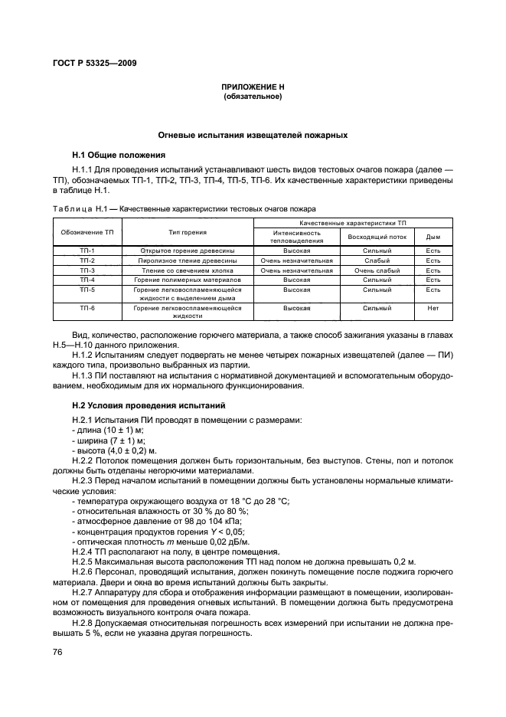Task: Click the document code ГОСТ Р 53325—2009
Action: tap(95, 61)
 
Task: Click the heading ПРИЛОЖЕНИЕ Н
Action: tap(252, 88)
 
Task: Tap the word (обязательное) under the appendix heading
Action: tap(252, 97)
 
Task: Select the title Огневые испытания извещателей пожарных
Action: tap(252, 135)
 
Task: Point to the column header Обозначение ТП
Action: tap(87, 232)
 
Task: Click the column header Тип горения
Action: tap(188, 232)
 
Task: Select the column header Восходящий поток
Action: tap(377, 237)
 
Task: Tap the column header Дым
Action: tap(433, 237)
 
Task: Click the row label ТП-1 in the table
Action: tap(87, 250)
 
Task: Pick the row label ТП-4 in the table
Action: tap(87, 280)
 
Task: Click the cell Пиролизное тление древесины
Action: tap(188, 260)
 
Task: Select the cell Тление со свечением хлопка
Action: tap(188, 270)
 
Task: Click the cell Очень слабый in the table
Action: tap(377, 270)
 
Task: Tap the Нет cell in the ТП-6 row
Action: tap(433, 308)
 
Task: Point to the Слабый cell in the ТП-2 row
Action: tap(377, 260)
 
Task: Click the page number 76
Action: tap(57, 651)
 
